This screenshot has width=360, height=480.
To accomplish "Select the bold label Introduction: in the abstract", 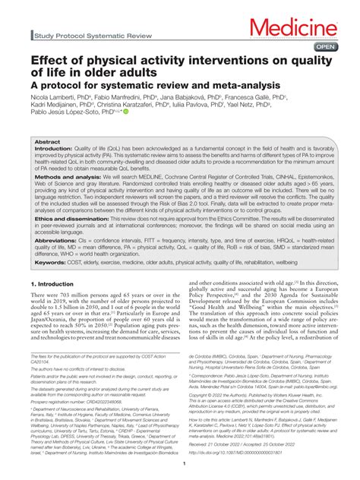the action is click(55, 150).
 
